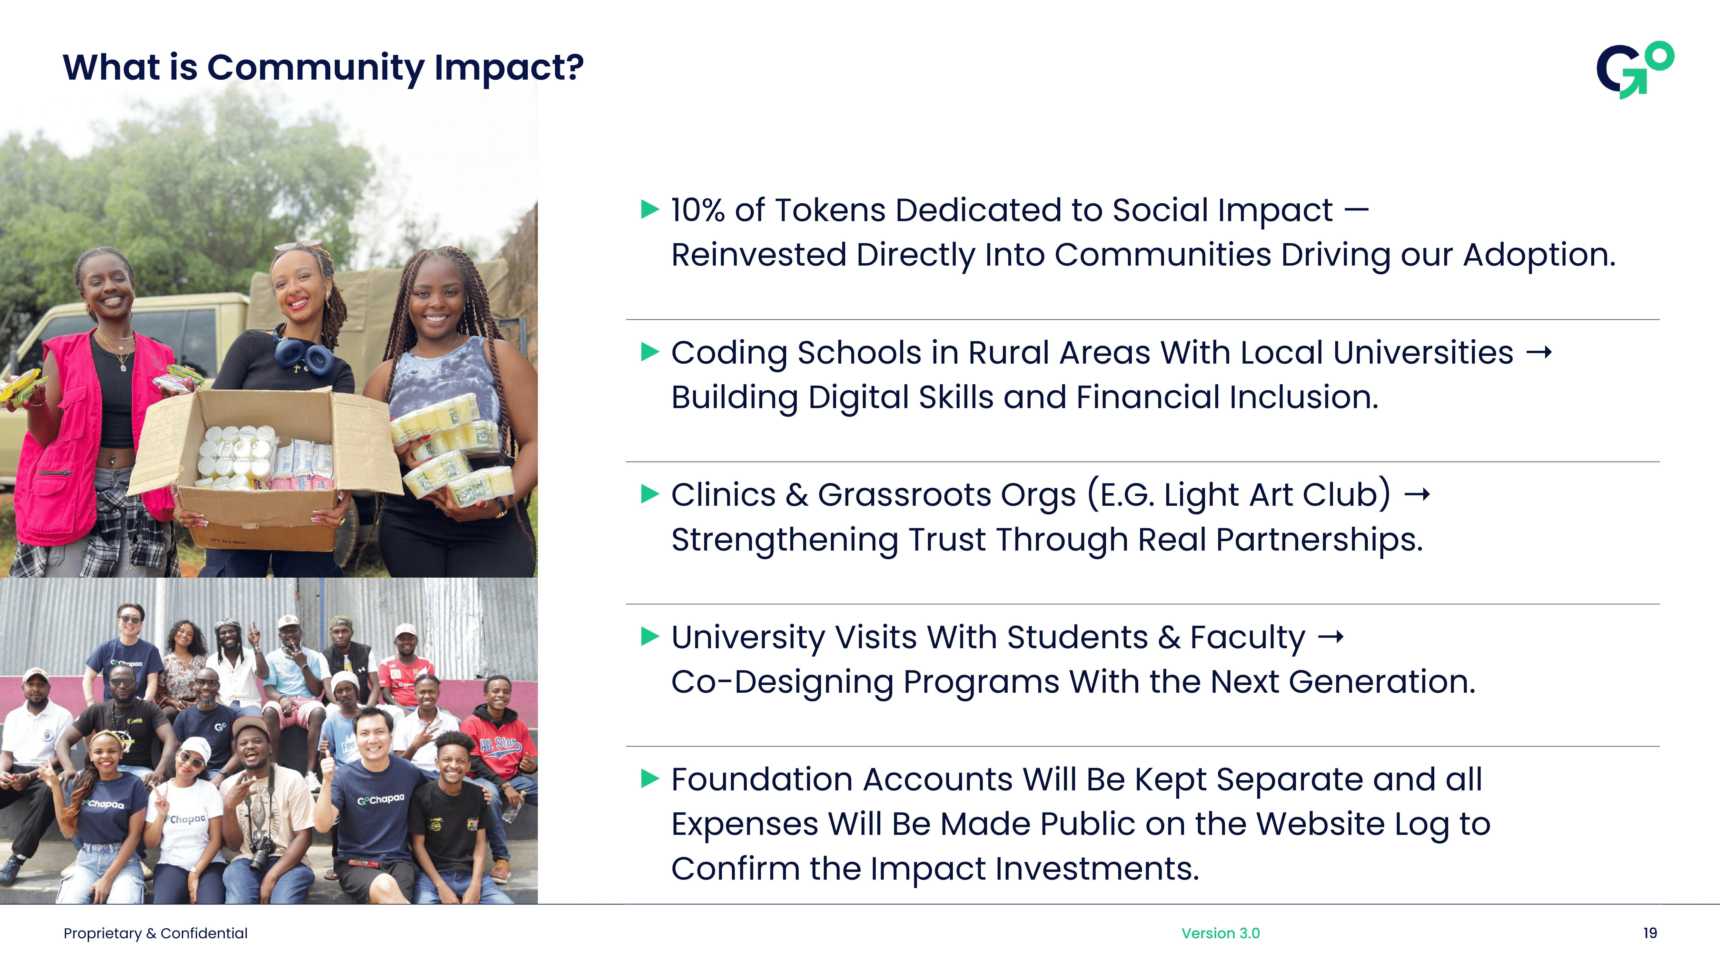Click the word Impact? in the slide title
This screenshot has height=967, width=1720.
509,68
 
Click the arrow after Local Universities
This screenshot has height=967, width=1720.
1539,352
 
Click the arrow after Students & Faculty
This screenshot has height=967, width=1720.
1331,637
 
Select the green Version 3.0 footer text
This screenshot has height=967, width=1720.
1220,933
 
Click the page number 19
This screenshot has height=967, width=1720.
1649,933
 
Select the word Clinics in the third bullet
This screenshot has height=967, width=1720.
723,495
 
